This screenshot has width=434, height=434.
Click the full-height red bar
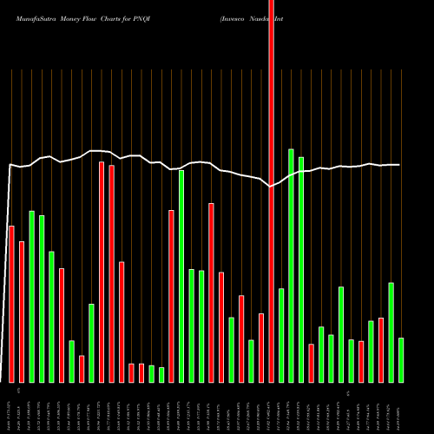click(x=271, y=191)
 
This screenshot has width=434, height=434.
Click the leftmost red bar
click(x=11, y=304)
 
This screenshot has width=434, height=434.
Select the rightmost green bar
click(x=401, y=359)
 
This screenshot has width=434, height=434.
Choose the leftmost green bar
click(x=31, y=296)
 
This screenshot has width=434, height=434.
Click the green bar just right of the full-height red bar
click(x=281, y=335)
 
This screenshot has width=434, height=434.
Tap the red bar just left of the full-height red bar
click(x=261, y=347)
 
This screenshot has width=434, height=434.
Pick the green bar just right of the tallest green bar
click(x=301, y=269)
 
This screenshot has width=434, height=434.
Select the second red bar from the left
click(x=22, y=312)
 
